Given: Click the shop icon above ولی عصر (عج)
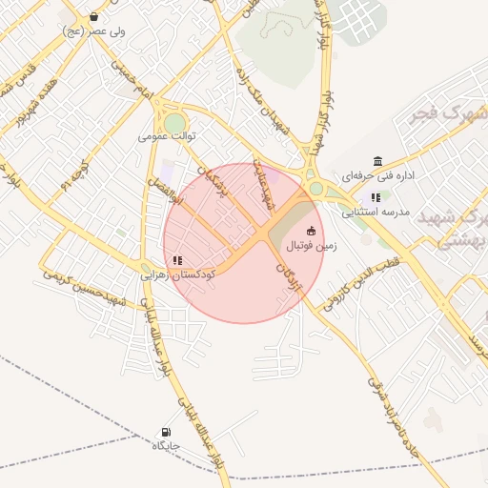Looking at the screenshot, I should [93, 17].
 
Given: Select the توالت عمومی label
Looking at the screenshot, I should [167, 136].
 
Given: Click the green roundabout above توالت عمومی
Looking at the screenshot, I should [174, 123].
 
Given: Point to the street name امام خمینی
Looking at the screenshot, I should [132, 77].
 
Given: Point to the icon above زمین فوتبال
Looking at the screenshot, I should [311, 230].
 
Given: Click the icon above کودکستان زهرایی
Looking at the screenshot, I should [177, 259].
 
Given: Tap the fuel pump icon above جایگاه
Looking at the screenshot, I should [168, 432].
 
